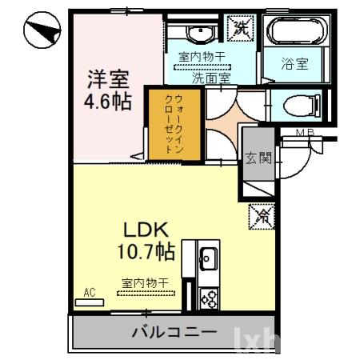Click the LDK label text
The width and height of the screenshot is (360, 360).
[144, 230]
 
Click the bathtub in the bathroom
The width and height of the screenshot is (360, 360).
[295, 32]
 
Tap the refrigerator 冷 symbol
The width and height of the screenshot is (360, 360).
[262, 214]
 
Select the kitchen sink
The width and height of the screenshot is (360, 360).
[208, 259]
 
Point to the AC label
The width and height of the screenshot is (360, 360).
[90, 294]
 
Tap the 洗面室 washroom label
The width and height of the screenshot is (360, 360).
[210, 78]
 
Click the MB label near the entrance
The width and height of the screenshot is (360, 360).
[304, 132]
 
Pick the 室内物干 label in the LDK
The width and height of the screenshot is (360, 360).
[145, 282]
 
